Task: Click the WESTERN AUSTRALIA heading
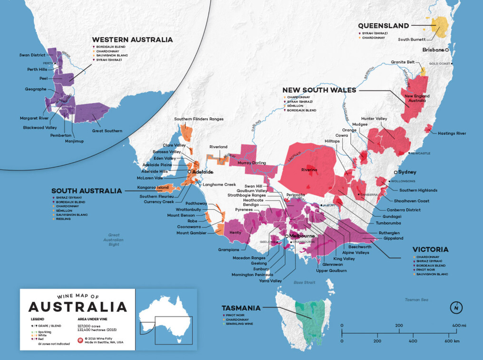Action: pos(132,40)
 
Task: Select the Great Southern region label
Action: pos(107,131)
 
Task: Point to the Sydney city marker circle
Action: pos(396,172)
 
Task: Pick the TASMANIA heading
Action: pos(241,308)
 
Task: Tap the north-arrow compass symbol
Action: pos(456,308)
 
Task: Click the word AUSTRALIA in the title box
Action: pos(78,306)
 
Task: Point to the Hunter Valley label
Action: pos(374,118)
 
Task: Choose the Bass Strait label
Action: pos(304,283)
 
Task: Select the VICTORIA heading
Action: pos(431,249)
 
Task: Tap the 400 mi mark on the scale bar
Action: pos(460,325)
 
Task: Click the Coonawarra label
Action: pos(190,227)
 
